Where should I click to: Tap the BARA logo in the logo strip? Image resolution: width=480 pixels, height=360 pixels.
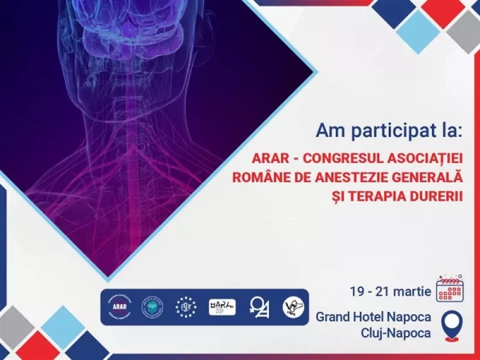click(222, 306)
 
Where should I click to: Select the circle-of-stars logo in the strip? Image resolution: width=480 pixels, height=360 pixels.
click(186, 306)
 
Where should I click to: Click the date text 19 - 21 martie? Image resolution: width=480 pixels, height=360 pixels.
click(390, 289)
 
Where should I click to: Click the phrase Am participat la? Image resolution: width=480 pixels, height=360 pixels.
click(372, 130)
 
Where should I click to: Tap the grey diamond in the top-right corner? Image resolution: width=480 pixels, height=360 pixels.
click(463, 31)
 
